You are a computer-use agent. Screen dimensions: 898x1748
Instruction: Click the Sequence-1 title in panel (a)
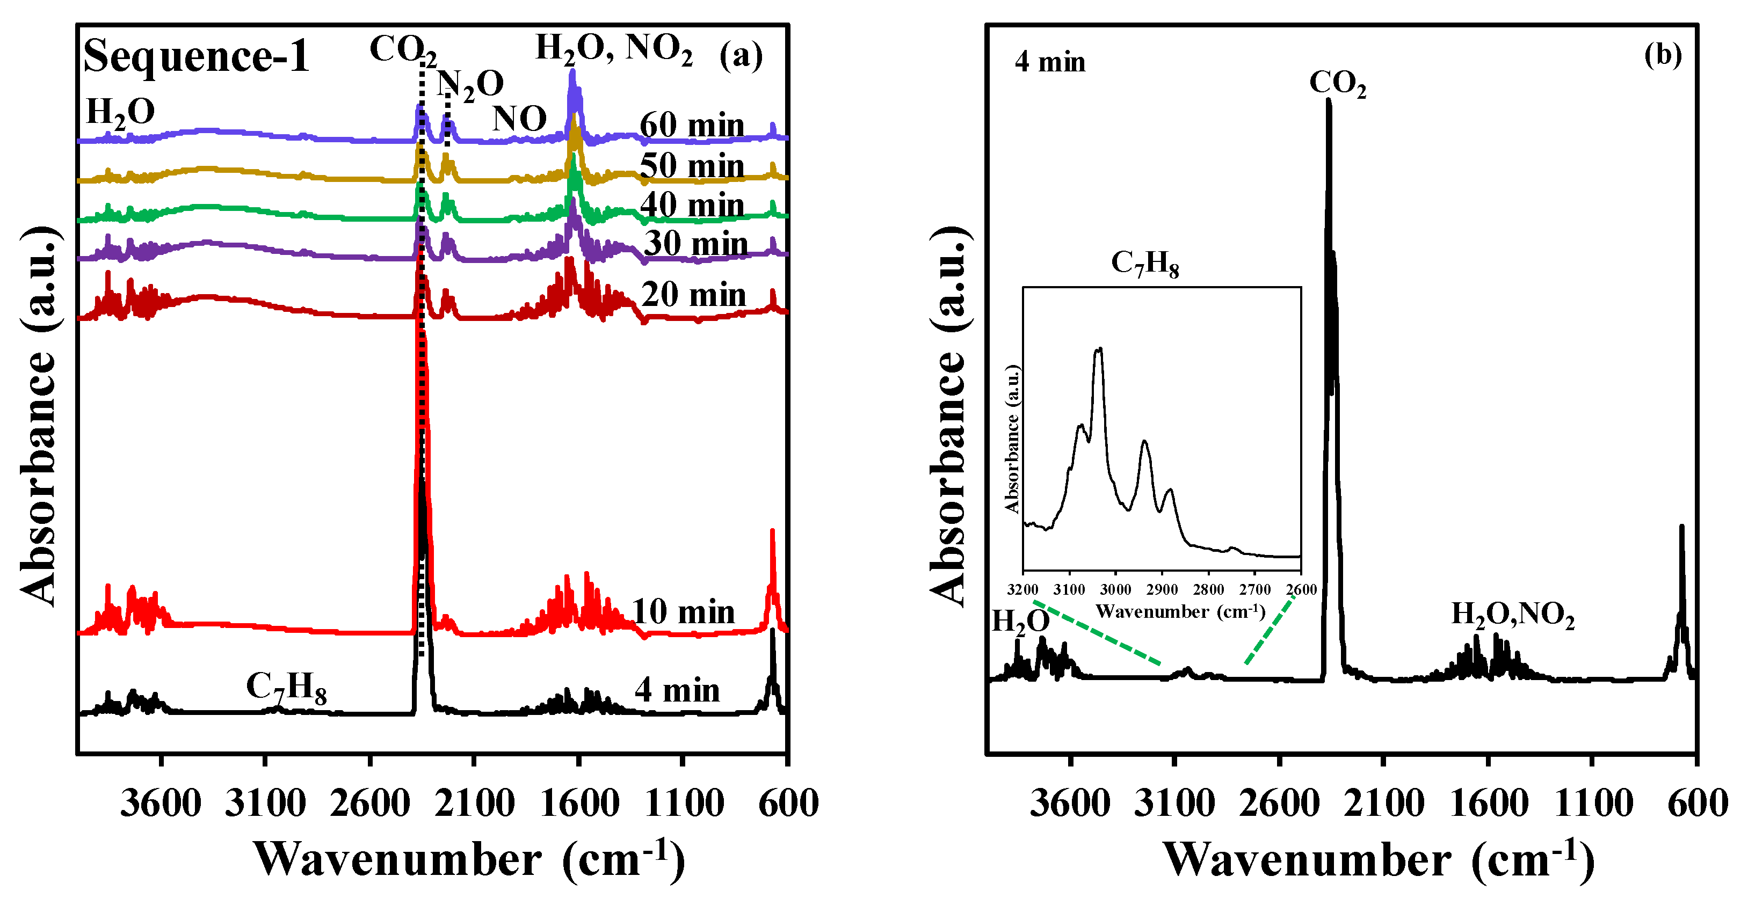point(195,56)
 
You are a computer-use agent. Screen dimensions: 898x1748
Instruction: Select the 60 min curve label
point(692,126)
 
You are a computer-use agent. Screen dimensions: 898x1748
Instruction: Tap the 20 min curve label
point(693,295)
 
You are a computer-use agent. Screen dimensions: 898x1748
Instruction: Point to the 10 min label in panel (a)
point(683,612)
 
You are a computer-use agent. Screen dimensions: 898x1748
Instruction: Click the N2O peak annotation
point(470,85)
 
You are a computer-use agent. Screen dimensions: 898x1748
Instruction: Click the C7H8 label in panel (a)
point(286,687)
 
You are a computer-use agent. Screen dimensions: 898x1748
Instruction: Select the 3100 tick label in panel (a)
point(265,804)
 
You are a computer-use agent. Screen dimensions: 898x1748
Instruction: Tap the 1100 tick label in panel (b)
point(1593,804)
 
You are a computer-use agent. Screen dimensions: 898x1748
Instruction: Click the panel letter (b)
point(1663,54)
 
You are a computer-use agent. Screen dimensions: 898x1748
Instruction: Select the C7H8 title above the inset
point(1145,263)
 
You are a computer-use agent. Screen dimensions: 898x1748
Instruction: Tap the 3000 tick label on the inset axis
point(1115,589)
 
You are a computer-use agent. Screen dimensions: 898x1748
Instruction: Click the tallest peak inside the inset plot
point(1099,350)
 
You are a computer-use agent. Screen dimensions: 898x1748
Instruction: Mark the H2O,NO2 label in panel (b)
point(1513,615)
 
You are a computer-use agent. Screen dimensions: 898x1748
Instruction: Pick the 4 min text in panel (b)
point(1050,62)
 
